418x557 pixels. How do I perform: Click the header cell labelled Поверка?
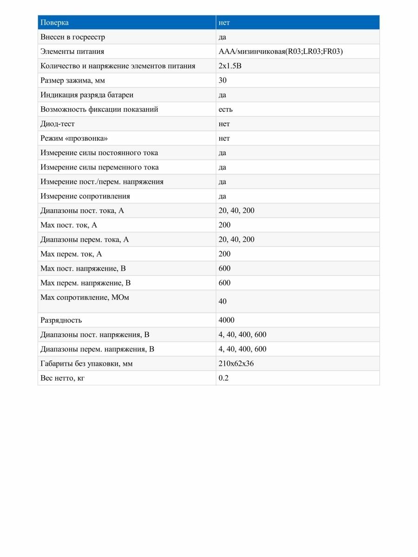pyautogui.click(x=55, y=23)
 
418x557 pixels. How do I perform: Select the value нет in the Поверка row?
pyautogui.click(x=224, y=23)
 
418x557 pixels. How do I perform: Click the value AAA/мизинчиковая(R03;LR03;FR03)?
pyautogui.click(x=281, y=52)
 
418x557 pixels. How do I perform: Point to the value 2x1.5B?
pyautogui.click(x=230, y=66)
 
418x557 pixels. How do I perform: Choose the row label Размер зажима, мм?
pyautogui.click(x=73, y=80)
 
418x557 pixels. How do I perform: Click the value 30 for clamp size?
pyautogui.click(x=222, y=80)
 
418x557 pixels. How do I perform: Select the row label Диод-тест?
pyautogui.click(x=58, y=124)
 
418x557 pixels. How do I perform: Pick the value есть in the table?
pyautogui.click(x=225, y=110)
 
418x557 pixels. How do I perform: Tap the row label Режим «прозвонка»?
pyautogui.click(x=70, y=138)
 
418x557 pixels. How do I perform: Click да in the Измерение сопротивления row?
pyautogui.click(x=222, y=196)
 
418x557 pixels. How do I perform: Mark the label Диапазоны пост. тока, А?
pyautogui.click(x=82, y=211)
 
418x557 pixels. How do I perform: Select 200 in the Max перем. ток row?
pyautogui.click(x=224, y=254)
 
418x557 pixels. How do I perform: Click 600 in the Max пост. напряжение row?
pyautogui.click(x=224, y=268)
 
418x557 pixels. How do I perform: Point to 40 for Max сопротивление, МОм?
pyautogui.click(x=222, y=301)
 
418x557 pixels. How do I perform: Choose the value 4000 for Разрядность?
pyautogui.click(x=226, y=320)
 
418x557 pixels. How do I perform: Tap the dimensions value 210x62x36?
pyautogui.click(x=236, y=363)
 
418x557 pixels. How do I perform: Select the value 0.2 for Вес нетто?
pyautogui.click(x=223, y=378)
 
